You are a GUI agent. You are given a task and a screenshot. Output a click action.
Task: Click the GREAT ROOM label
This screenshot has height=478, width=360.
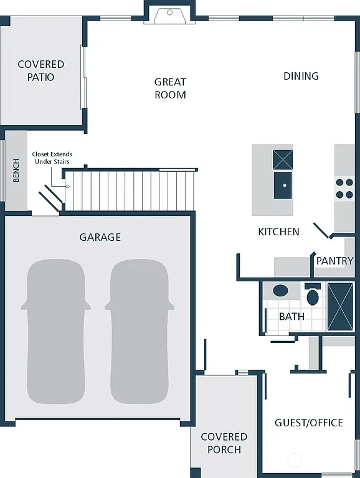(170, 88)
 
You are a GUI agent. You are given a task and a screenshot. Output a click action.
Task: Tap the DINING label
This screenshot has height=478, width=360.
(301, 76)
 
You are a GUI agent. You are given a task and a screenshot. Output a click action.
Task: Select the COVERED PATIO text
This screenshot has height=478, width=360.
(40, 71)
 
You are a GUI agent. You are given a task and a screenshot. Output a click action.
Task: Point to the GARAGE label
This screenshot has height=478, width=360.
(100, 237)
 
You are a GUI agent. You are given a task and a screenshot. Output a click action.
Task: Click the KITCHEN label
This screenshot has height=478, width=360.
(278, 232)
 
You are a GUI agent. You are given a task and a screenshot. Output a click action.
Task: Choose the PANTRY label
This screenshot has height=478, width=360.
(334, 261)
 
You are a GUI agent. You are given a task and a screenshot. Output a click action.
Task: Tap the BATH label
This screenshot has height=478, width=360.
(291, 316)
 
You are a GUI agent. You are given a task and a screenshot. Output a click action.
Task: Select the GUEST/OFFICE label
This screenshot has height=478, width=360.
(308, 423)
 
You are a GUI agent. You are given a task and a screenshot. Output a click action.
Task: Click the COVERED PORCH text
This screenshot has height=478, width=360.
(224, 443)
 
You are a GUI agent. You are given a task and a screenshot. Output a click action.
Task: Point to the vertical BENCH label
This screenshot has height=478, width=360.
(16, 171)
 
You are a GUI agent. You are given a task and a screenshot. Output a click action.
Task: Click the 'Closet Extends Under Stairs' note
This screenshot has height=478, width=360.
(52, 158)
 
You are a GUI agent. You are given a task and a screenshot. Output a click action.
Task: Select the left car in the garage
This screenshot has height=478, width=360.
(55, 332)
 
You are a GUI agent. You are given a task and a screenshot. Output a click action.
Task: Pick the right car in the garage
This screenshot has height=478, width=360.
(139, 332)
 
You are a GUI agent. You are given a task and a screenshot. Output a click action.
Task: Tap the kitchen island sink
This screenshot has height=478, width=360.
(283, 185)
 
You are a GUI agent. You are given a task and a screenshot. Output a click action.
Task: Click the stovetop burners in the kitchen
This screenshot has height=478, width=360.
(344, 189)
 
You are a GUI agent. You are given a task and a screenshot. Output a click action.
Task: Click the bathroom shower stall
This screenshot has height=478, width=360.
(340, 306)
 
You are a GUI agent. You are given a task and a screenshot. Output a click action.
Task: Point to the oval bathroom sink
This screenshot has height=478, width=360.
(281, 290)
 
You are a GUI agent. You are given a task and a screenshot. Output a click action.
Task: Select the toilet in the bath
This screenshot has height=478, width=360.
(313, 295)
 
